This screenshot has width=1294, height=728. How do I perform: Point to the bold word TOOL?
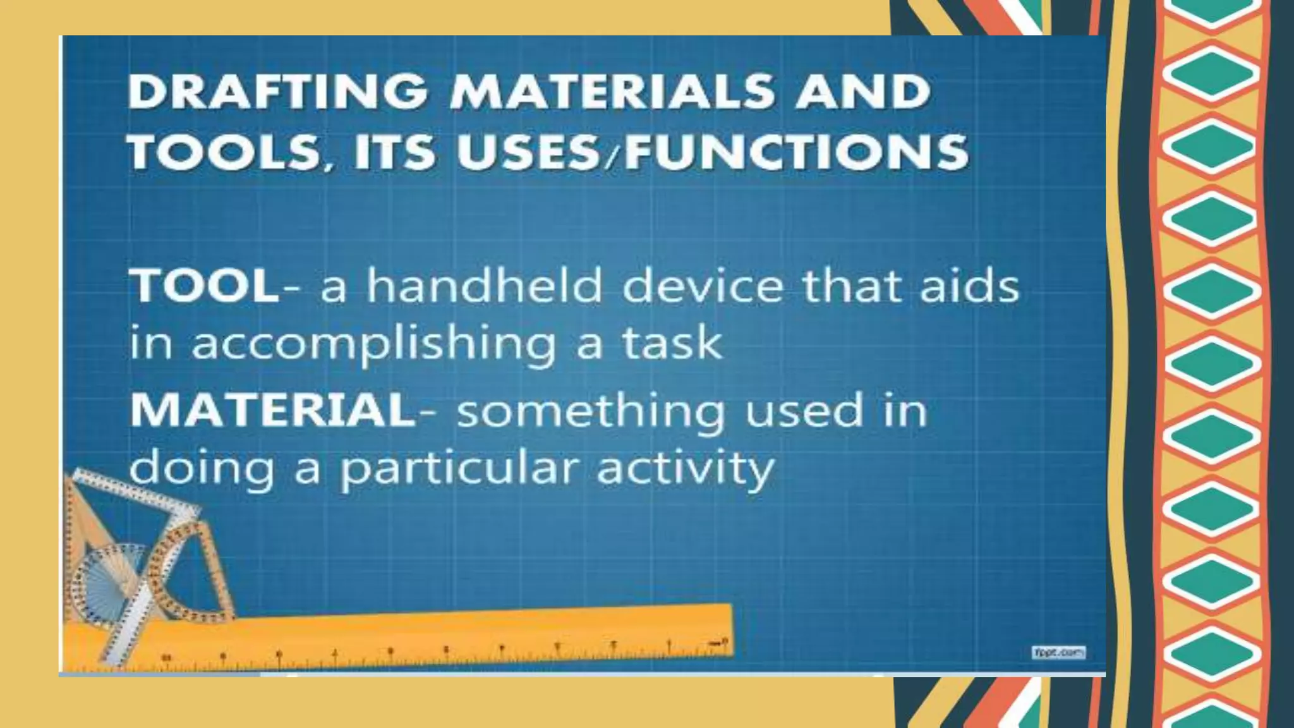[x=204, y=286]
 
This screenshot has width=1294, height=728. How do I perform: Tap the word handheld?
[x=485, y=286]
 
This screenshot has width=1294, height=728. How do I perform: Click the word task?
[x=672, y=344]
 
